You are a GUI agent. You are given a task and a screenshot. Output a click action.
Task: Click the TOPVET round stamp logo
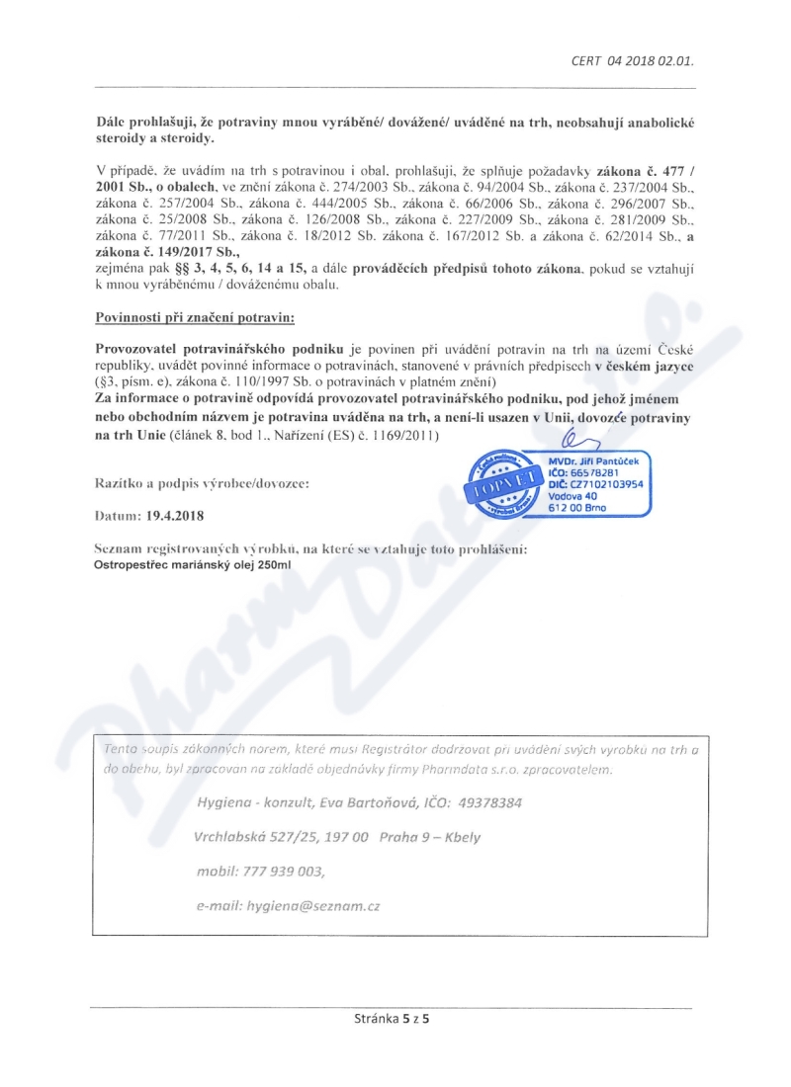point(505,478)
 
